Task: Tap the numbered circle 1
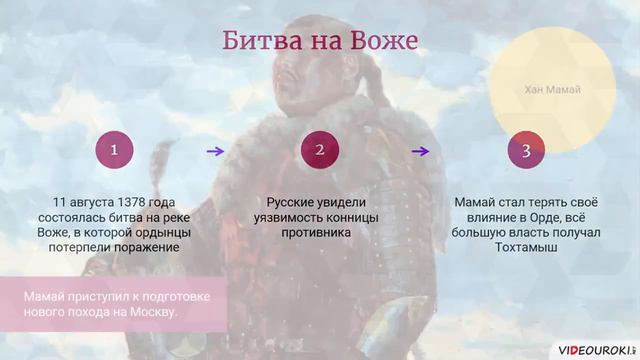[115, 151]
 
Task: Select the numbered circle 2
[320, 151]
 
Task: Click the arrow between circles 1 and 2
[214, 151]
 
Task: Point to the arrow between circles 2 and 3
[421, 151]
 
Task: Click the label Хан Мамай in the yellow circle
[552, 90]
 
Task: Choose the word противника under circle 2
[320, 232]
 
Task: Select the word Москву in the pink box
[154, 314]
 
